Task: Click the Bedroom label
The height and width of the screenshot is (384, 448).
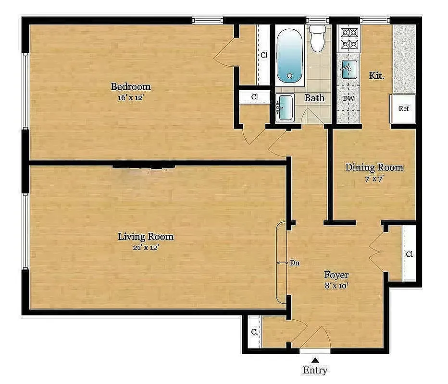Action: point(131,87)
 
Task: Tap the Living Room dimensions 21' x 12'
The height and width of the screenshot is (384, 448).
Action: point(146,247)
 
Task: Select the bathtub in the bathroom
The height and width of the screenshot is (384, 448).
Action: point(289,57)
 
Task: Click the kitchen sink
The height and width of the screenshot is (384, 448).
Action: point(348,70)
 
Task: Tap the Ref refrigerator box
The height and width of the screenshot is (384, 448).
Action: point(404,108)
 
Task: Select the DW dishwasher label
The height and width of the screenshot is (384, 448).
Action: point(348,99)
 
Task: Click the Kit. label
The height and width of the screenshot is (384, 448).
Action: point(376,75)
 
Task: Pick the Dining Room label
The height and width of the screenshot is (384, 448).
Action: point(374,168)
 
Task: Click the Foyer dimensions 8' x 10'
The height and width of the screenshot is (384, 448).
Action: point(336,286)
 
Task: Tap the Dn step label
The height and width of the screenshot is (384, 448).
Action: point(295,263)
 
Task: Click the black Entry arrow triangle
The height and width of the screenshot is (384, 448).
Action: point(315,360)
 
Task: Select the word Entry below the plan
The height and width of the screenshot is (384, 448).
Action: point(315,371)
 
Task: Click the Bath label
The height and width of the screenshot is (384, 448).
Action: point(314,98)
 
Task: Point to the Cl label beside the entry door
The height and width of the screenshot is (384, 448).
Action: point(254,332)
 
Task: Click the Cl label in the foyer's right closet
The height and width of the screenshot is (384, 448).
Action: point(409,254)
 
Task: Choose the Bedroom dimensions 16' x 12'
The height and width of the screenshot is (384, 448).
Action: point(131,97)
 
